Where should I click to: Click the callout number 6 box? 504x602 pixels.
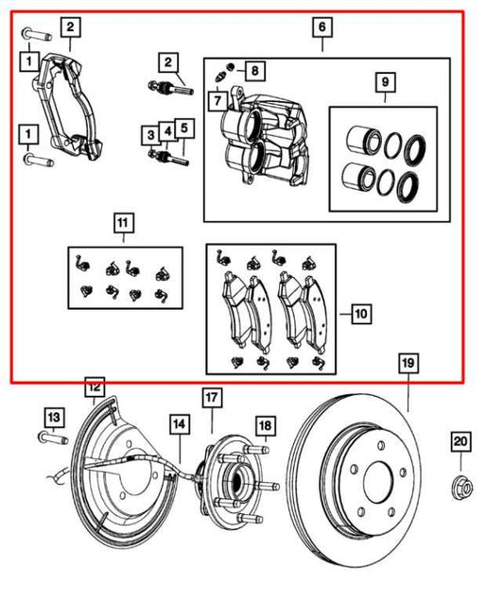[322, 29]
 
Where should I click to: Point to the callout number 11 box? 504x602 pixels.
[122, 223]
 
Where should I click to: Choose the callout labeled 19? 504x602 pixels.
[407, 363]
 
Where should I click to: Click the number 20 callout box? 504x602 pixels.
[461, 440]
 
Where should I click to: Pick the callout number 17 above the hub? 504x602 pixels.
[210, 398]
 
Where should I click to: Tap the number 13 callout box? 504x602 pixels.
[53, 416]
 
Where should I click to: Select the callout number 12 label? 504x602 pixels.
[94, 386]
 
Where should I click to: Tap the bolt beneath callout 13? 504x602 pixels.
[53, 439]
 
